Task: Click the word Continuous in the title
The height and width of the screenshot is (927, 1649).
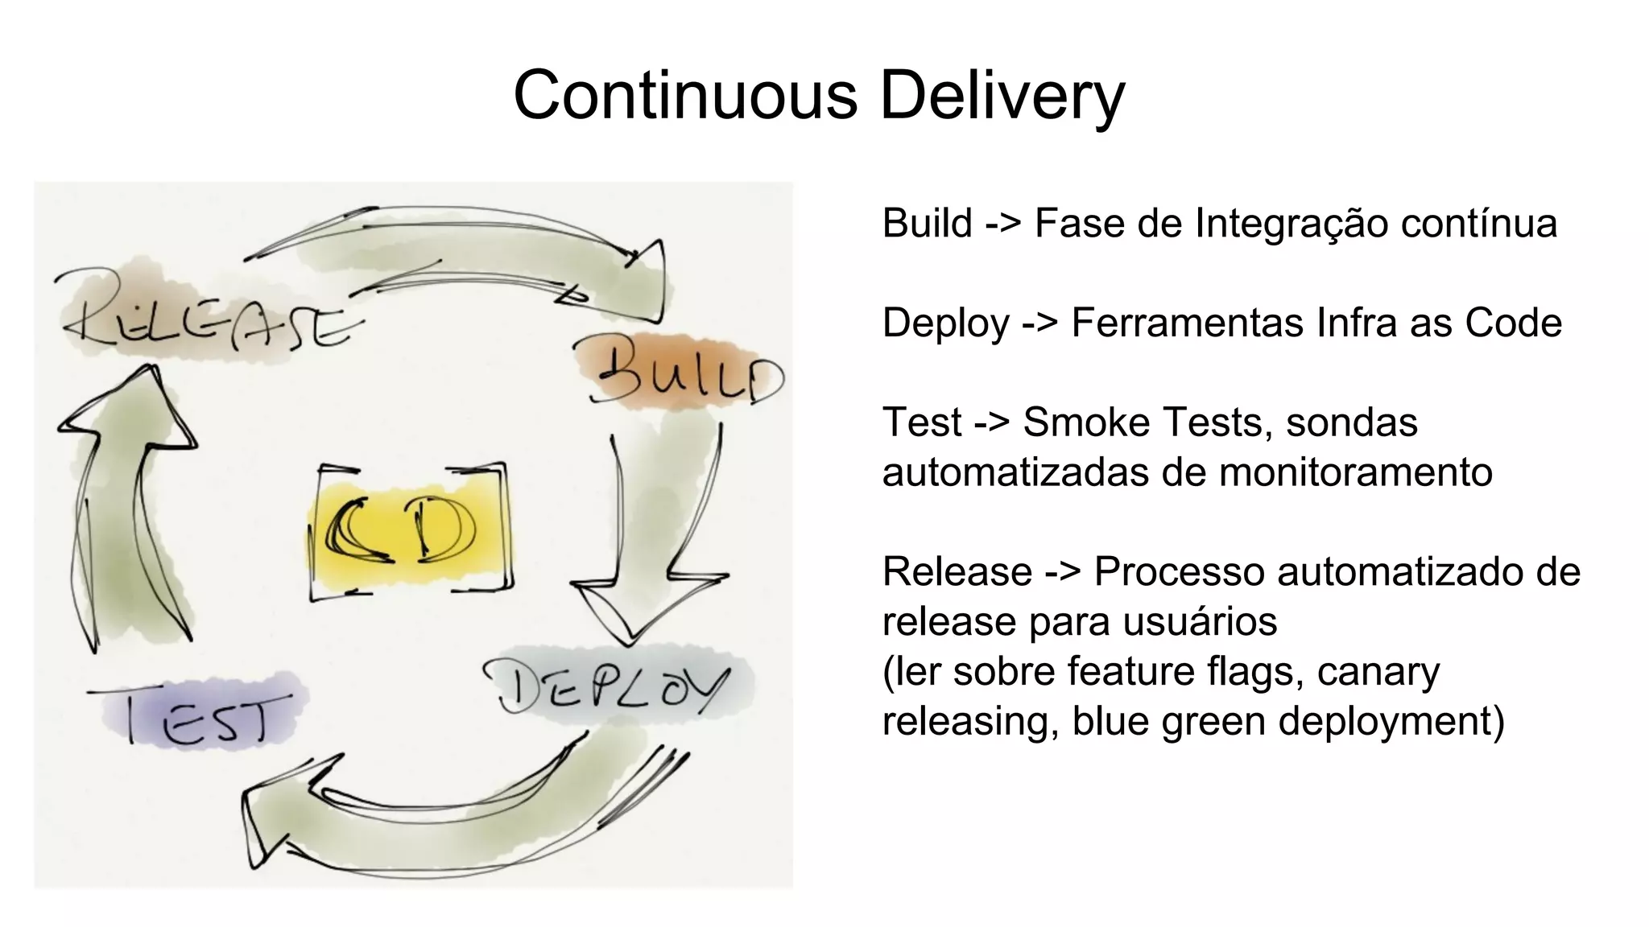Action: [x=685, y=95]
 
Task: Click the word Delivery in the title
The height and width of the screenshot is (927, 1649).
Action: [x=1002, y=95]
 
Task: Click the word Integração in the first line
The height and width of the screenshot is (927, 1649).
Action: [x=1292, y=223]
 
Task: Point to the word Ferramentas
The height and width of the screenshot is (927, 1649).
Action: [x=1187, y=323]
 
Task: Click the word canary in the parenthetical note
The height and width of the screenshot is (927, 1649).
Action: [x=1378, y=671]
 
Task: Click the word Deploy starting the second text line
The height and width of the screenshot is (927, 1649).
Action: [x=945, y=323]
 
